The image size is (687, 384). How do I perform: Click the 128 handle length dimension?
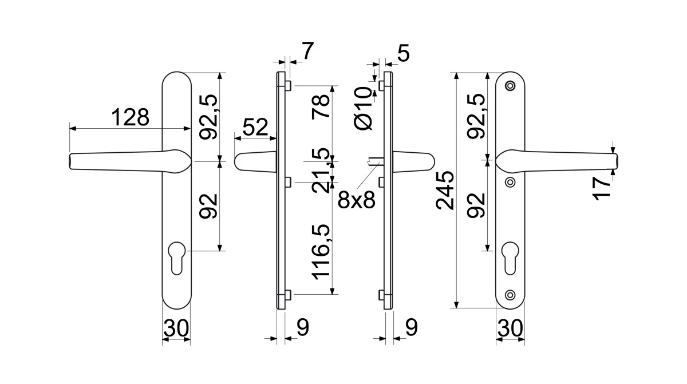[x=130, y=117]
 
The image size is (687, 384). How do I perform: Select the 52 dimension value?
[x=255, y=127]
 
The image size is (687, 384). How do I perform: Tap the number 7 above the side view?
[x=308, y=51]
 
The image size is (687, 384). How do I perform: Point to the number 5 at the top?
[x=403, y=53]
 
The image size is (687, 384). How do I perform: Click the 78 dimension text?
[x=321, y=107]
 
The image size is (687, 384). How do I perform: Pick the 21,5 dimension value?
[x=321, y=171]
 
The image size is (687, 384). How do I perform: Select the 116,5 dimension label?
[x=321, y=252]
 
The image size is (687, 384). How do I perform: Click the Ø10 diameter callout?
[x=363, y=109]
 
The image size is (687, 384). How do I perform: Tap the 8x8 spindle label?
[x=357, y=200]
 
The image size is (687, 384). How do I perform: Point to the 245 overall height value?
[x=445, y=191]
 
